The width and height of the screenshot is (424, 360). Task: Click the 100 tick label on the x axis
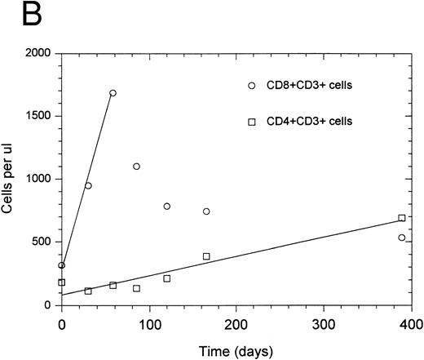coord(149,320)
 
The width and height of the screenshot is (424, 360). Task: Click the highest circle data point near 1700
coord(113,93)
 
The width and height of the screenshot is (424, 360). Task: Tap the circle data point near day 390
coord(402,238)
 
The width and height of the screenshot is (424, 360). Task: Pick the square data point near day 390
coord(402,218)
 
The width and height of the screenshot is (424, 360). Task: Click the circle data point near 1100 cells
coord(136,167)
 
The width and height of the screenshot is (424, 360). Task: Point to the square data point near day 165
coord(206,256)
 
